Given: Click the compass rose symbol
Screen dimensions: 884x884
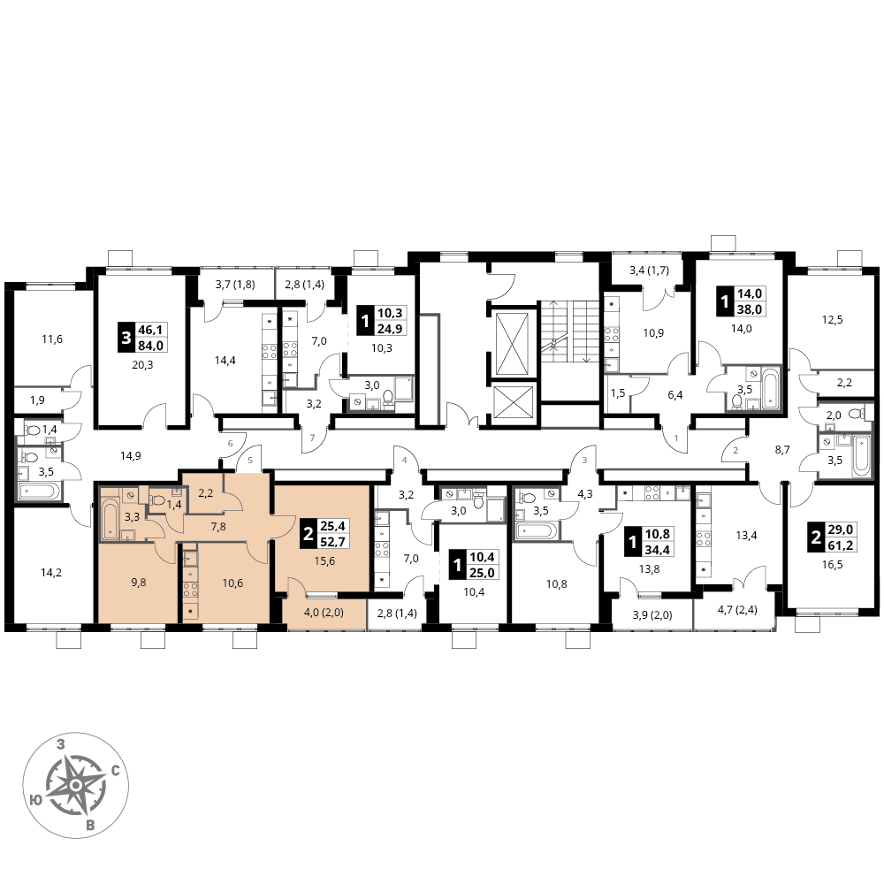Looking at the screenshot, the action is coord(75,785).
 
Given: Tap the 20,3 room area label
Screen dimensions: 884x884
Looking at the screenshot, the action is coord(142,365).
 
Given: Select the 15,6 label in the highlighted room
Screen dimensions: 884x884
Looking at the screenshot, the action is coord(325,560).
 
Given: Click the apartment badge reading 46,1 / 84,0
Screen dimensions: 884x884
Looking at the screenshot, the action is coord(143,337).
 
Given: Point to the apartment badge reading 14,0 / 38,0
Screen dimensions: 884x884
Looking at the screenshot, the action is coord(742,301).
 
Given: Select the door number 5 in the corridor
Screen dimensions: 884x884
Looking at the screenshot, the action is coord(250,460).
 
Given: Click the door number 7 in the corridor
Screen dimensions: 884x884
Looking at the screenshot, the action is coord(312,438).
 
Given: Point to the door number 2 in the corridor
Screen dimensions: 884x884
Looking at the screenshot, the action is coord(735,451).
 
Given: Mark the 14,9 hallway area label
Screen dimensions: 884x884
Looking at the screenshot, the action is coord(131,455).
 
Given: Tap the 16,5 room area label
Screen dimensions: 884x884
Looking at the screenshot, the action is coord(832,564).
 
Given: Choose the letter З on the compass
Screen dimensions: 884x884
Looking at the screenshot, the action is coord(61,744).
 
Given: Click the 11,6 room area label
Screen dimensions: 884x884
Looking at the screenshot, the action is coord(52,339).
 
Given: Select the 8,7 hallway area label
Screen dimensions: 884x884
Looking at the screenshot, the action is coord(782,450).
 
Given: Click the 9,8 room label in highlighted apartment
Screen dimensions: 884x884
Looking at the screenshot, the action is coord(139,583).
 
